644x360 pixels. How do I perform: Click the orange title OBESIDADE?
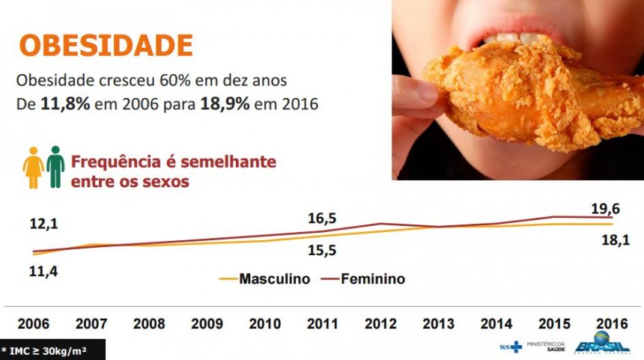tap(106, 45)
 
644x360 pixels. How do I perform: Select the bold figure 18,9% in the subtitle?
tap(225, 104)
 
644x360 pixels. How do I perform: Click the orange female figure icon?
tap(33, 167)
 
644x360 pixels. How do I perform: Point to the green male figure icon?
tap(55, 167)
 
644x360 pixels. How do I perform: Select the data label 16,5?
tap(322, 219)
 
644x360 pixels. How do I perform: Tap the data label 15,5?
tap(321, 251)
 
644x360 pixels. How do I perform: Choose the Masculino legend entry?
tap(274, 279)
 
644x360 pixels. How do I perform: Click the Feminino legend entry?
tap(373, 279)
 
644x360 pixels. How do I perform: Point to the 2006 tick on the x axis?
tap(34, 324)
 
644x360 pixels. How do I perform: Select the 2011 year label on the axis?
tap(323, 324)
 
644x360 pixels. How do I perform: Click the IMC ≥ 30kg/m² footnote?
tap(47, 350)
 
